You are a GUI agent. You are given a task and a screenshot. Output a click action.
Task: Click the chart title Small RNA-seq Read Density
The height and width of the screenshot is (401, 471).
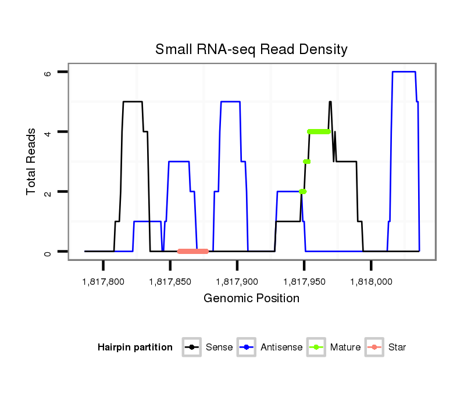[251, 49]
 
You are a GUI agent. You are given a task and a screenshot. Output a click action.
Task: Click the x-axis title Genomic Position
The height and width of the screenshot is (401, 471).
[251, 299]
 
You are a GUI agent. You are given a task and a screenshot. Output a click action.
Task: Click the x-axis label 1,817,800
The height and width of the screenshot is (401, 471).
[103, 282]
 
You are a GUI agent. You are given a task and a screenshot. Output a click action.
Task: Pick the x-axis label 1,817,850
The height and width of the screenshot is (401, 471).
[170, 282]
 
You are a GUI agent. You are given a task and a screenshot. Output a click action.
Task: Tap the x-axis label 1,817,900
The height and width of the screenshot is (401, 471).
[237, 282]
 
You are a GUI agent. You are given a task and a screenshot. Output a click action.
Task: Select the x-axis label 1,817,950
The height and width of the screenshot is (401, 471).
[304, 282]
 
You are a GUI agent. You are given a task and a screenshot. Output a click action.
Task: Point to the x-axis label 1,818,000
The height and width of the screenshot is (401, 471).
[371, 282]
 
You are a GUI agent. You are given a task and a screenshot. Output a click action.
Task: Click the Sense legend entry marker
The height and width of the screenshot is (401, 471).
[191, 348]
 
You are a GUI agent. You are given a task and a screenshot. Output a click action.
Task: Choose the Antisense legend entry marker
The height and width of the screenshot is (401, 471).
[247, 348]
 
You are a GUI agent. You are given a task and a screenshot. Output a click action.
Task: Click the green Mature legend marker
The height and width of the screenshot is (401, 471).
[316, 348]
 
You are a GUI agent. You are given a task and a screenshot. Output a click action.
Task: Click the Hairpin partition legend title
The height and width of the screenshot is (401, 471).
[135, 348]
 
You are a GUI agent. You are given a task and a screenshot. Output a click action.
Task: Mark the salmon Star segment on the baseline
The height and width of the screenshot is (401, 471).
[193, 251]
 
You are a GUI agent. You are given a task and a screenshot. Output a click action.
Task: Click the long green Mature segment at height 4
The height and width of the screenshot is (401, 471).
[319, 131]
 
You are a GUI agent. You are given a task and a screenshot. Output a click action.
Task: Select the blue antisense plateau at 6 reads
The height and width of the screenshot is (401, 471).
[404, 71]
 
